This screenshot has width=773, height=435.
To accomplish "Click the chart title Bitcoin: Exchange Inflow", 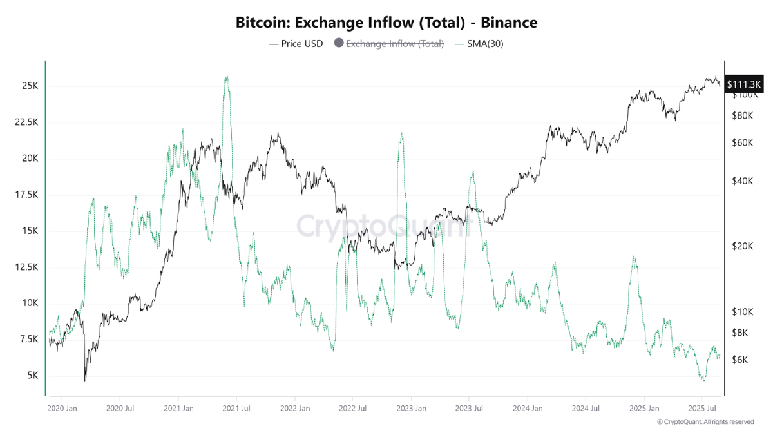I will pyautogui.click(x=386, y=23).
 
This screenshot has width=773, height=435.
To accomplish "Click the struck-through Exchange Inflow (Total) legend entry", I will pyautogui.click(x=395, y=44).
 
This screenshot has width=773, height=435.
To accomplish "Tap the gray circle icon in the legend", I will pyautogui.click(x=338, y=44).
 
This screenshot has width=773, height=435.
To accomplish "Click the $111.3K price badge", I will pyautogui.click(x=744, y=84).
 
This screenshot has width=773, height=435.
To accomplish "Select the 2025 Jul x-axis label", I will pyautogui.click(x=705, y=408).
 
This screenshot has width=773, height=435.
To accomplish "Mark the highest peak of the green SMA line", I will pyautogui.click(x=226, y=76).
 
